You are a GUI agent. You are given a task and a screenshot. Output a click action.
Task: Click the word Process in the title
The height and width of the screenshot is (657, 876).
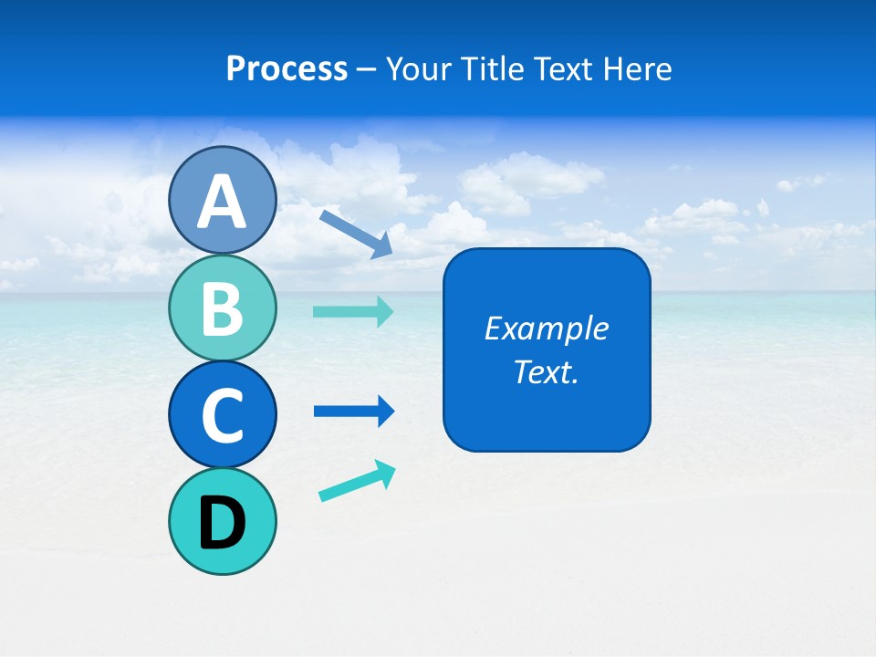(x=287, y=68)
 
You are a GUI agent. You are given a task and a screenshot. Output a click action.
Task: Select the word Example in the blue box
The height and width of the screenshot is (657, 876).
(x=546, y=328)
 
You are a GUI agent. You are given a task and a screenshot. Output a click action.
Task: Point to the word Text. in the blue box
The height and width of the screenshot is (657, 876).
(x=546, y=371)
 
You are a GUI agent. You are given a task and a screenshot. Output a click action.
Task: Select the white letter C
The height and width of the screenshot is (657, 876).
(x=222, y=416)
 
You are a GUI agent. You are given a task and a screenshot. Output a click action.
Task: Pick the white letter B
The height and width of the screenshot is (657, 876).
(x=222, y=309)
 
